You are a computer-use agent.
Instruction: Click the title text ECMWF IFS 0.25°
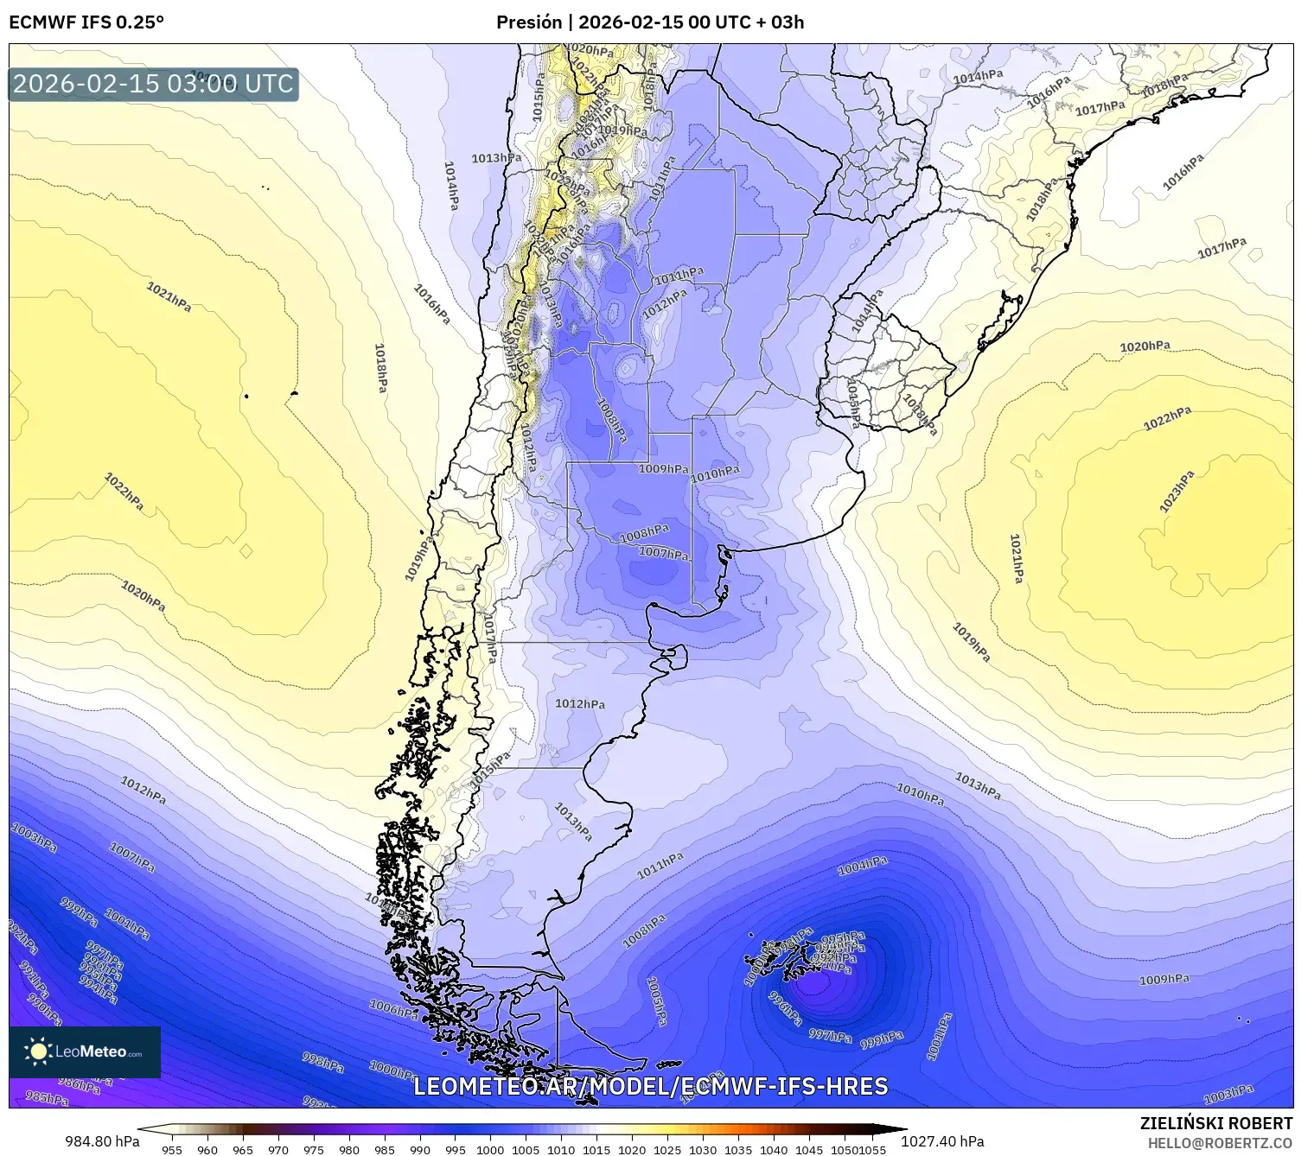pyautogui.click(x=86, y=22)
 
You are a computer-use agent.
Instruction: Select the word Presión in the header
pyautogui.click(x=529, y=22)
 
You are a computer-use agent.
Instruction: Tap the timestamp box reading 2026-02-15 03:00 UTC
pyautogui.click(x=153, y=84)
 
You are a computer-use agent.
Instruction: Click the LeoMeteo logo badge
pyautogui.click(x=85, y=1051)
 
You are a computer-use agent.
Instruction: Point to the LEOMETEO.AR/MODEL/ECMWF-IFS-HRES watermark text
pyautogui.click(x=650, y=1086)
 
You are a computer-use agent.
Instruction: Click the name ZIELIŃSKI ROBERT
pyautogui.click(x=1216, y=1123)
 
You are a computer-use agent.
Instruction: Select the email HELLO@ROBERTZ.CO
pyautogui.click(x=1220, y=1142)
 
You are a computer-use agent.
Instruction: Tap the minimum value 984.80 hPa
pyautogui.click(x=102, y=1141)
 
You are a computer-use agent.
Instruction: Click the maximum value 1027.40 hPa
pyautogui.click(x=942, y=1141)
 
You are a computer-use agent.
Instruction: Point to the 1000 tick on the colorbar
pyautogui.click(x=490, y=1149)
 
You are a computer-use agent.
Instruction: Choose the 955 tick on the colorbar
pyautogui.click(x=172, y=1149)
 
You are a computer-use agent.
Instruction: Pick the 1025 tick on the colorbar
pyautogui.click(x=667, y=1149)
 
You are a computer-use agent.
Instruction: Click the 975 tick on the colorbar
pyautogui.click(x=314, y=1149)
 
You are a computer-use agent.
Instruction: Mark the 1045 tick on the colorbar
pyautogui.click(x=809, y=1149)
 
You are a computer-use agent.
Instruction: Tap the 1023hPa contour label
pyautogui.click(x=1177, y=492)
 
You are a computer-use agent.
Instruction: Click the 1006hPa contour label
pyautogui.click(x=393, y=1008)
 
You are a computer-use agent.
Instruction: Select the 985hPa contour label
pyautogui.click(x=47, y=1098)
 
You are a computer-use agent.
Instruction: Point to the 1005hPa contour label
pyautogui.click(x=657, y=1002)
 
